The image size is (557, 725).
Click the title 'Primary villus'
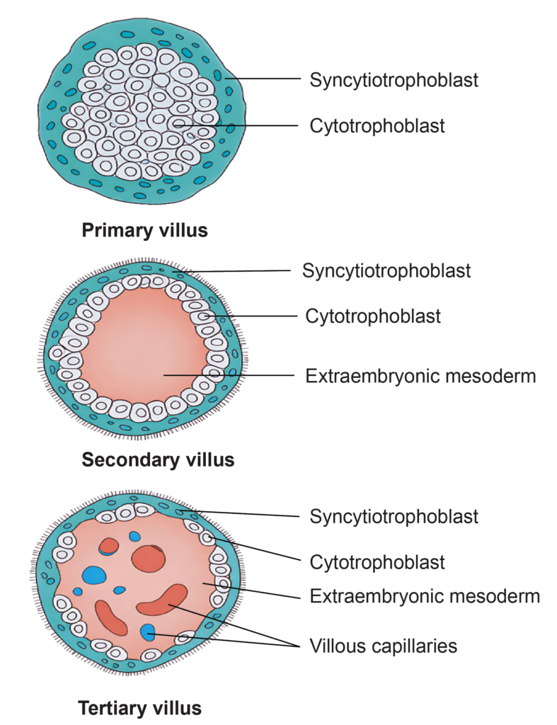pos(144,230)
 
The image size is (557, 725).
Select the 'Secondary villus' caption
pos(158,459)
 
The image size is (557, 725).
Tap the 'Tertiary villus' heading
pos(139,707)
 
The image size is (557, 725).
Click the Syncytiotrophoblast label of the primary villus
pos(394,79)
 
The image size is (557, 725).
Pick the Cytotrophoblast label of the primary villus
pos(377,126)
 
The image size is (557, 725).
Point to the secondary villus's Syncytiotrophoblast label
pos(386,270)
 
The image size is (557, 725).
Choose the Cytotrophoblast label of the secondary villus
pos(373,316)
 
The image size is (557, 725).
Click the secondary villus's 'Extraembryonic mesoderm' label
pos(420,375)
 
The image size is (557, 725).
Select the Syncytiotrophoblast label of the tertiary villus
pos(394,516)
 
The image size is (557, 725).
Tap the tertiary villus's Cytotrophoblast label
pos(377,562)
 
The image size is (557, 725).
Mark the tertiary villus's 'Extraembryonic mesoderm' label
pos(425,596)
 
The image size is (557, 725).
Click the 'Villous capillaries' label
pos(383,646)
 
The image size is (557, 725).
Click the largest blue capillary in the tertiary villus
pos(94,573)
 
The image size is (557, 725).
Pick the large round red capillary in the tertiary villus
pos(148,558)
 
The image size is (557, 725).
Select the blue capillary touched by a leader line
pos(147,632)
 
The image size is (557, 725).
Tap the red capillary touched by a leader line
pos(163,600)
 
